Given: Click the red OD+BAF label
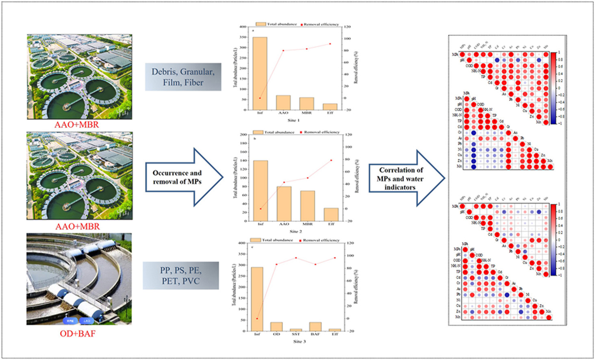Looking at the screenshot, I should pyautogui.click(x=78, y=334).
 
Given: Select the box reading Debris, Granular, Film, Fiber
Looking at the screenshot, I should pyautogui.click(x=183, y=77).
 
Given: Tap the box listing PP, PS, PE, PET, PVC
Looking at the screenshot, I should pyautogui.click(x=181, y=275).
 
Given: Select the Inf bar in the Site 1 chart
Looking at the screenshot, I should pyautogui.click(x=260, y=74).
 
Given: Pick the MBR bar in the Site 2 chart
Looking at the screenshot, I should pyautogui.click(x=308, y=206).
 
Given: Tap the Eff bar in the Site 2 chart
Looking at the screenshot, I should pyautogui.click(x=331, y=215).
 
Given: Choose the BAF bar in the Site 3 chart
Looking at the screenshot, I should pyautogui.click(x=315, y=327).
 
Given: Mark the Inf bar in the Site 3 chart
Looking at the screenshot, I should pyautogui.click(x=257, y=299).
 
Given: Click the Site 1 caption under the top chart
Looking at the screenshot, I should pyautogui.click(x=293, y=120).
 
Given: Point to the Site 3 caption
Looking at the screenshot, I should pyautogui.click(x=300, y=341).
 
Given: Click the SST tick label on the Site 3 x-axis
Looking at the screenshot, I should pyautogui.click(x=296, y=334).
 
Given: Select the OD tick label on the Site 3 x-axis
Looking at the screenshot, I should pyautogui.click(x=276, y=334).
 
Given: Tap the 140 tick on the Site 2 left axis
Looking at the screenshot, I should pyautogui.click(x=243, y=160).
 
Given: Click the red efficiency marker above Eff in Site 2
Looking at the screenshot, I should pyautogui.click(x=331, y=160).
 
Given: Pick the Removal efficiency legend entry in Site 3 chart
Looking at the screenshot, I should pyautogui.click(x=320, y=240).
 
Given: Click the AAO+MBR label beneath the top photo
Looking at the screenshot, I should pyautogui.click(x=77, y=125).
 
